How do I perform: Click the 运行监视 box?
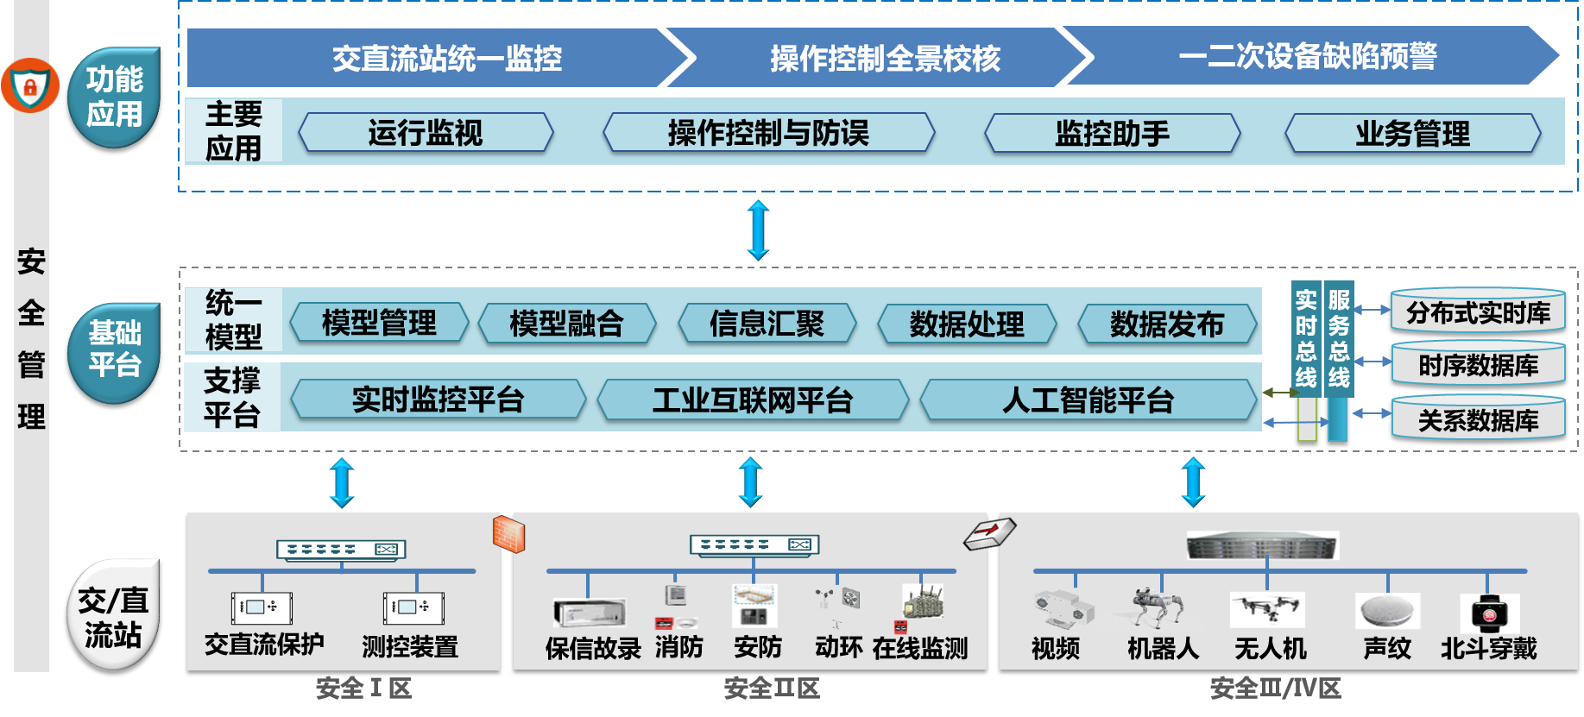click(425, 133)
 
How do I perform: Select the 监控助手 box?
click(1112, 133)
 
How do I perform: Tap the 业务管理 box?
click(1412, 134)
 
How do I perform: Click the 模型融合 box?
click(566, 324)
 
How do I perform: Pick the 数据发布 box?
click(1166, 324)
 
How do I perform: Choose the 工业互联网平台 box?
click(752, 399)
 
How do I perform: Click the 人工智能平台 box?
click(1088, 400)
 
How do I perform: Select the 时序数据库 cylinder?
click(1478, 364)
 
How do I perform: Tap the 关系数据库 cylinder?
click(1478, 419)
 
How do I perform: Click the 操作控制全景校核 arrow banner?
click(885, 58)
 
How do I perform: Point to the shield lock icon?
click(30, 85)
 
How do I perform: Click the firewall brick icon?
click(508, 534)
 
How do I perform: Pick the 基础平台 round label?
click(114, 352)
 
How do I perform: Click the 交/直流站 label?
click(113, 616)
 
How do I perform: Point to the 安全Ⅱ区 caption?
click(771, 689)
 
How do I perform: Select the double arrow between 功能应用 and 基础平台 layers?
click(758, 230)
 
